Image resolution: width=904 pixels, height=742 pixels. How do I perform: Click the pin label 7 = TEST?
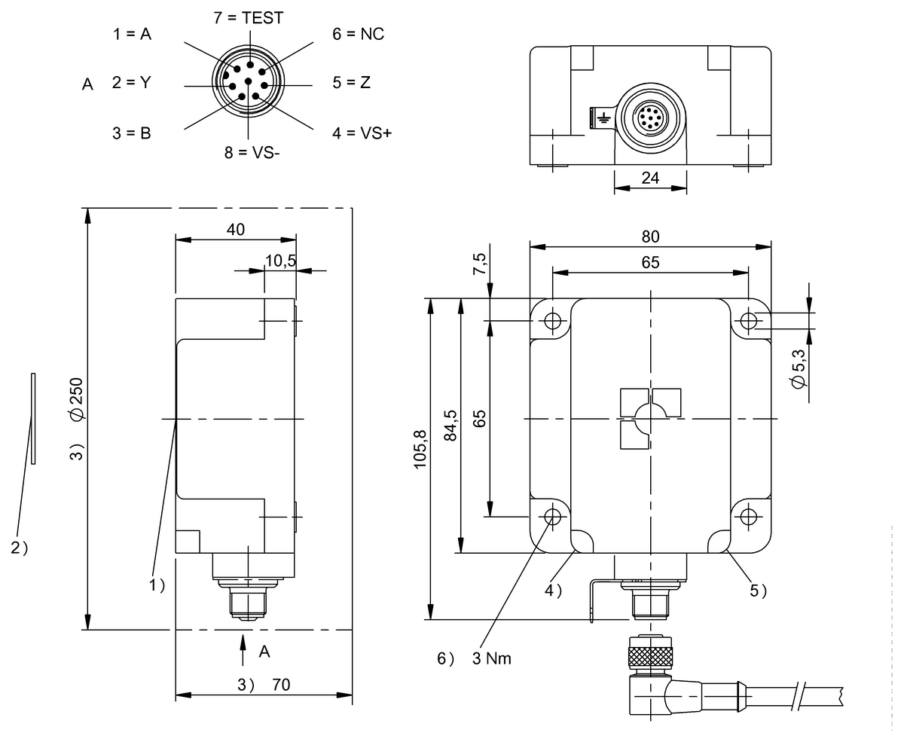click(248, 18)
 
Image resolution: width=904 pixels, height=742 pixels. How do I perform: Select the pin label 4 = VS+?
click(362, 133)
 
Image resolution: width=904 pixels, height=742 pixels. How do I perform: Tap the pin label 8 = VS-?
click(252, 152)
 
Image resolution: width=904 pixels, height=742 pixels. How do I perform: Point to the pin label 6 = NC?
click(358, 35)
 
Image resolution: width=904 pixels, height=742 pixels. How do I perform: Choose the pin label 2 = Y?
click(132, 83)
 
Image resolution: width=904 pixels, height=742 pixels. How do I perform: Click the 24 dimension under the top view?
click(650, 178)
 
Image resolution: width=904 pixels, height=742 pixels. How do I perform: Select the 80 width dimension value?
click(650, 237)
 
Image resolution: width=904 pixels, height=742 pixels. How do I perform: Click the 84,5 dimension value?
click(450, 426)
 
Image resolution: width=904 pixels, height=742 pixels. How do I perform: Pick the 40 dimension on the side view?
click(235, 230)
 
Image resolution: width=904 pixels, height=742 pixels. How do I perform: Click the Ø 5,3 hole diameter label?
click(800, 368)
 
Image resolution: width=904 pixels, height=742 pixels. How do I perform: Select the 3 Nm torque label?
click(491, 658)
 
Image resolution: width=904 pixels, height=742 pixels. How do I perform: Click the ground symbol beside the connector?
click(602, 118)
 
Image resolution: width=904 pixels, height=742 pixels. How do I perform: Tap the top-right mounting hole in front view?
click(748, 321)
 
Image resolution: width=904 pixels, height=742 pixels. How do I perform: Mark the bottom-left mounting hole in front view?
click(554, 517)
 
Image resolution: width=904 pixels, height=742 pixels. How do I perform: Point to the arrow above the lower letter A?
click(243, 650)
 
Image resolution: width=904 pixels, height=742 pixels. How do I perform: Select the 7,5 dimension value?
click(479, 264)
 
